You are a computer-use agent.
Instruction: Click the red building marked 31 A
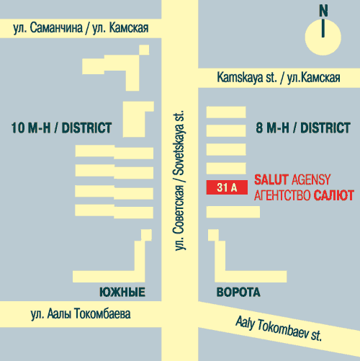click(227, 187)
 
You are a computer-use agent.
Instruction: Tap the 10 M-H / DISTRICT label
click(62, 128)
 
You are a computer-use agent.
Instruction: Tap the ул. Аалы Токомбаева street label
click(80, 314)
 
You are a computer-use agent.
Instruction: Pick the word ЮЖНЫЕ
click(122, 292)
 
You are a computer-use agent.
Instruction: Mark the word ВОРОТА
click(238, 292)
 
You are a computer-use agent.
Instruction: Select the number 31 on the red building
click(222, 187)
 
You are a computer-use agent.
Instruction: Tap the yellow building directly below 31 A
click(233, 211)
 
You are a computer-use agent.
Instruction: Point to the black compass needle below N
click(324, 28)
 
